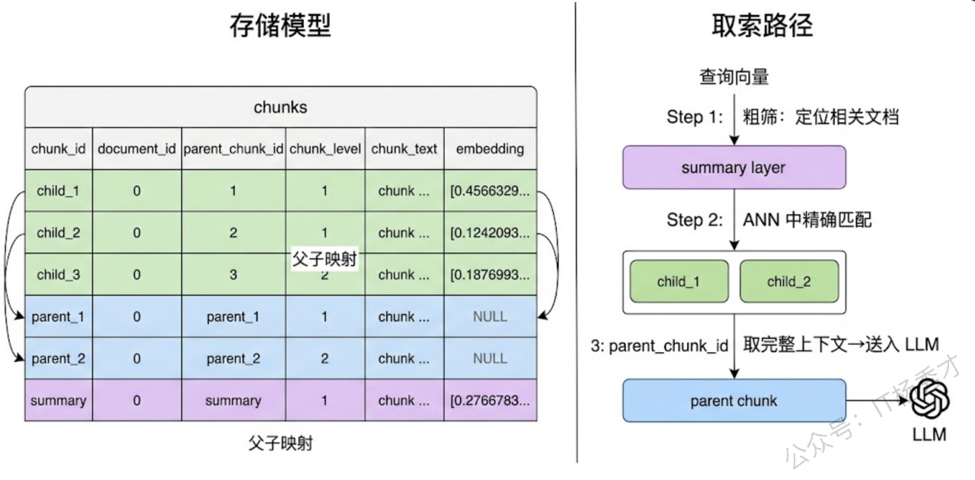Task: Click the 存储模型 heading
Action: (280, 27)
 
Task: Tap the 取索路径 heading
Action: (762, 27)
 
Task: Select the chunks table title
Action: (280, 107)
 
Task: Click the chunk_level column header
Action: (325, 149)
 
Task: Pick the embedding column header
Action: (490, 149)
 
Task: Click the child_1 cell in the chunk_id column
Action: (58, 191)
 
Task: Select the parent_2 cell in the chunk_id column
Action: (58, 359)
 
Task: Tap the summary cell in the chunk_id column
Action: (58, 401)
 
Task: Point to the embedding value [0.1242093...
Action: (490, 233)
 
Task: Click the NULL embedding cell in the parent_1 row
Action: (490, 317)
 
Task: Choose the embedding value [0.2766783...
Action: (490, 401)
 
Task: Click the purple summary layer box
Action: (734, 168)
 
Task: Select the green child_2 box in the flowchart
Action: (788, 282)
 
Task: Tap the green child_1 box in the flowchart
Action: (678, 282)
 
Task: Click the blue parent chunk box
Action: (734, 401)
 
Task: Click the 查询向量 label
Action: (734, 77)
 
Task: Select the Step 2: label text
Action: (694, 220)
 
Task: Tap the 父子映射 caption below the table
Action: (280, 443)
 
